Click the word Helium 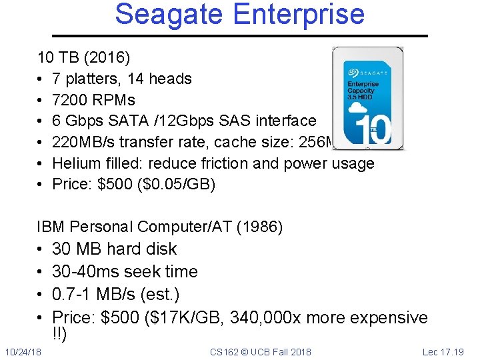77,163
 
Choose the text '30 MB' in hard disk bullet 75,249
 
